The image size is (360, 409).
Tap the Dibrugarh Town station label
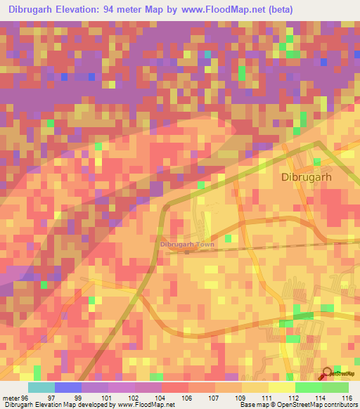click(186, 245)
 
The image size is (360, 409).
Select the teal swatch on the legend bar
click(41, 387)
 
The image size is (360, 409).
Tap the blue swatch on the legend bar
click(67, 387)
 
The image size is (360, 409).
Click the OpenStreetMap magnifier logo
click(327, 372)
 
